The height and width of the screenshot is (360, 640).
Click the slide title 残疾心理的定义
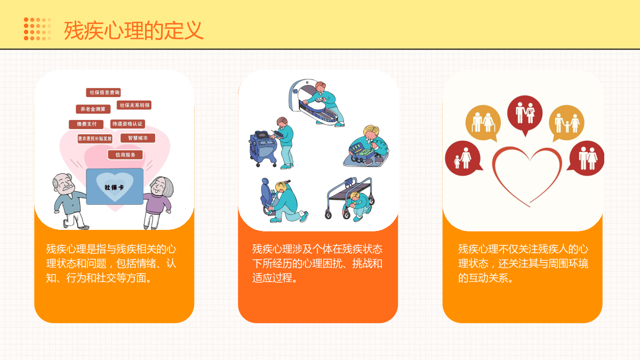(x=134, y=30)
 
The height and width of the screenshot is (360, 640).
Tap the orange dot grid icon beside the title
(x=37, y=29)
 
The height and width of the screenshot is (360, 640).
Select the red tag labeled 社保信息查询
(x=103, y=92)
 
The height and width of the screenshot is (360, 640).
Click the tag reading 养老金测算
(x=93, y=109)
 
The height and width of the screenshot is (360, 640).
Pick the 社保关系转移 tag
(x=134, y=105)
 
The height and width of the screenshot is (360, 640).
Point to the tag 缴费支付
(x=86, y=124)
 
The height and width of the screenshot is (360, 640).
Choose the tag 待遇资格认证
(x=127, y=124)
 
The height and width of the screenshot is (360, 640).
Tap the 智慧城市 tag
(x=138, y=138)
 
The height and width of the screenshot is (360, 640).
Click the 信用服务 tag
(x=125, y=155)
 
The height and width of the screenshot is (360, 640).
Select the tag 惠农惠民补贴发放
(x=95, y=139)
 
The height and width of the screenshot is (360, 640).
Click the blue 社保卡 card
(x=115, y=186)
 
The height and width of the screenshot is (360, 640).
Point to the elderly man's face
(x=65, y=183)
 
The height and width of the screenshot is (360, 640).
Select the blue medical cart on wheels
(x=263, y=148)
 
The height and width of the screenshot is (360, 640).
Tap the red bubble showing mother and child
(x=462, y=158)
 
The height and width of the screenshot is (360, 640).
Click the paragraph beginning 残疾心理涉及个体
(x=317, y=263)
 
